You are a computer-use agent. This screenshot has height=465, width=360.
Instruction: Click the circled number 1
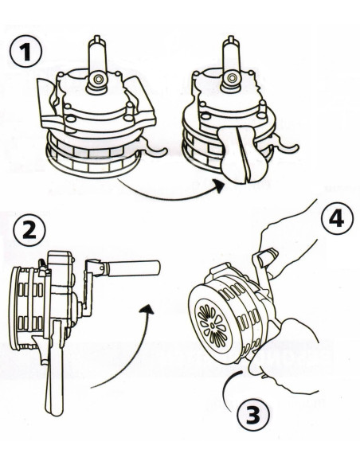coord(26,53)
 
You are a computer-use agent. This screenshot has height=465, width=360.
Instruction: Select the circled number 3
coord(253,415)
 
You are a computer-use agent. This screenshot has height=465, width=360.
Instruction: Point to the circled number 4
coord(337,219)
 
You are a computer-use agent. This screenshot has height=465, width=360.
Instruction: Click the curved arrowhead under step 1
coord(219,186)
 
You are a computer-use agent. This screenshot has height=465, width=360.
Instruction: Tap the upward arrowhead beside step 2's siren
coord(147,309)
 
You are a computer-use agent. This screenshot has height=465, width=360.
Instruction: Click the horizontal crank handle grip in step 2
coord(134,268)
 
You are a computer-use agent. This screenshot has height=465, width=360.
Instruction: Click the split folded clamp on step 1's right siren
coord(242,154)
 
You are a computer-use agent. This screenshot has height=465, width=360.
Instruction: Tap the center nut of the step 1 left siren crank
coord(97,79)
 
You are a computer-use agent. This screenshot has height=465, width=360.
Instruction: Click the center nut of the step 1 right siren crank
coord(231,78)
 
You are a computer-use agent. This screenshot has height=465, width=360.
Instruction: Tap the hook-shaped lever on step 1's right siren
coord(284,145)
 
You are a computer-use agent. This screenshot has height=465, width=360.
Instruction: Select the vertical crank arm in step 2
coord(88,287)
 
